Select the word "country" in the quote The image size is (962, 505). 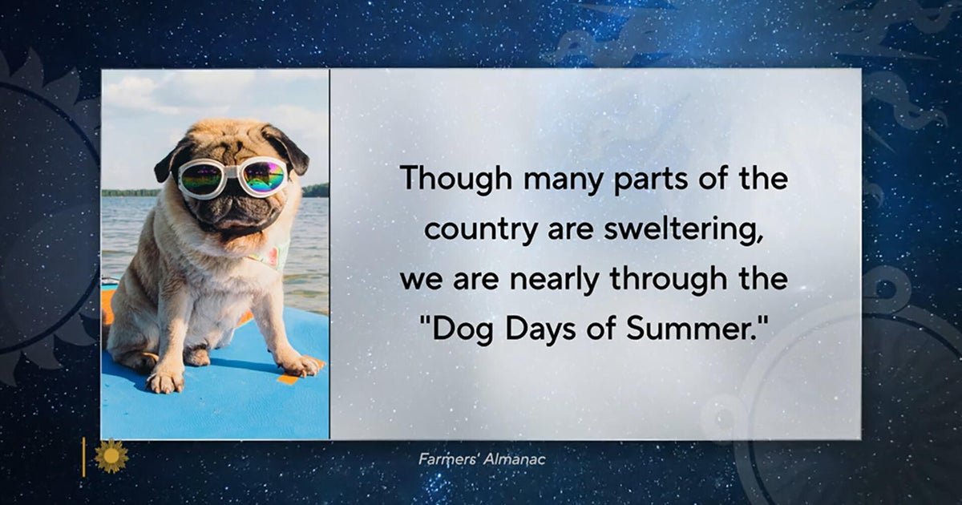480,231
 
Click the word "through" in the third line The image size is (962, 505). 669,280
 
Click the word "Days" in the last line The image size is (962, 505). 540,329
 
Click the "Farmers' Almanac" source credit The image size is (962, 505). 482,459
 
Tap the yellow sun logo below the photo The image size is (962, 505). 111,456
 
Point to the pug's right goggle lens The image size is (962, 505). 263,176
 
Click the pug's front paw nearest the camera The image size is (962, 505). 165,381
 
